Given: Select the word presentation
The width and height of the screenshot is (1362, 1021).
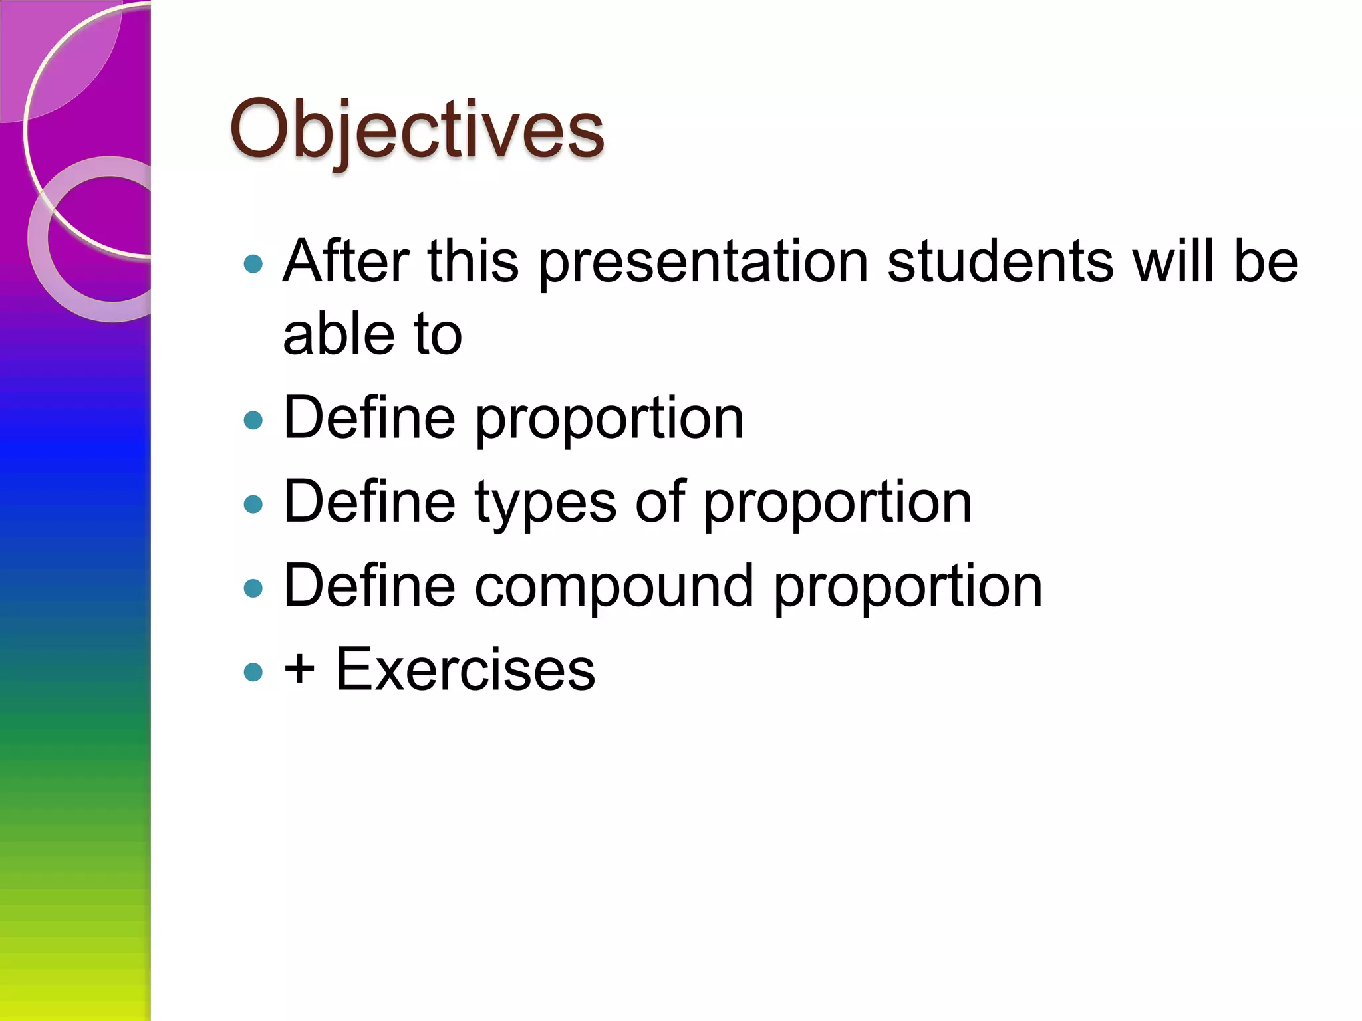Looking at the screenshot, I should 703,262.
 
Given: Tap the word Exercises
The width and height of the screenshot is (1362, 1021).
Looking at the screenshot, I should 466,669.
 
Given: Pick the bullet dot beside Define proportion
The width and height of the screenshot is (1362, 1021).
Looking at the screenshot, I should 253,420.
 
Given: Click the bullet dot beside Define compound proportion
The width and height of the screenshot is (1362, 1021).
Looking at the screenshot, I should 253,588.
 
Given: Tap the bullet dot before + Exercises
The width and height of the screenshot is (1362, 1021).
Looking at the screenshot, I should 253,672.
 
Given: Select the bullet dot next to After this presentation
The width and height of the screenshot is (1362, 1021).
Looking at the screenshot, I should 253,264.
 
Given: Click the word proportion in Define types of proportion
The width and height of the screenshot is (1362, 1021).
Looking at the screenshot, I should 837,503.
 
